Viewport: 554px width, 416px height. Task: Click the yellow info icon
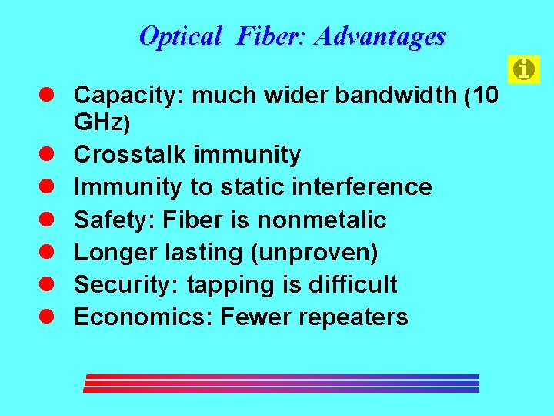(524, 70)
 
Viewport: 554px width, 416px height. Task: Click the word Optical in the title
(181, 35)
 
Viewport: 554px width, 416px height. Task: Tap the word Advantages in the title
(380, 35)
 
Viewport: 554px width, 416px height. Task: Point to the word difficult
(352, 284)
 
